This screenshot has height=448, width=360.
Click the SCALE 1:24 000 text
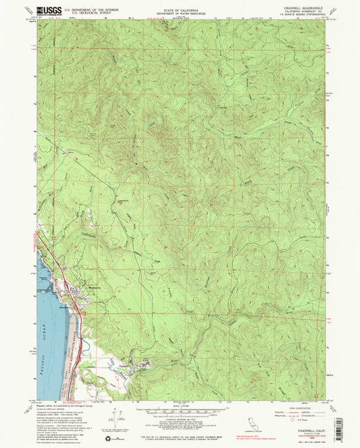pos(181,405)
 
